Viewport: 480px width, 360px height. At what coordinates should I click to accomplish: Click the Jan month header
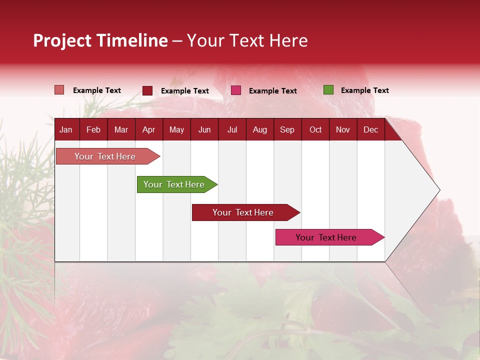[x=66, y=129]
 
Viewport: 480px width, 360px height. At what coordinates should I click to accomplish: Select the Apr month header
[x=148, y=129]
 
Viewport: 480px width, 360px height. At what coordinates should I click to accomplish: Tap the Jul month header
[x=232, y=129]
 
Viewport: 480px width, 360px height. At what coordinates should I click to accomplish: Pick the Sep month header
[x=287, y=129]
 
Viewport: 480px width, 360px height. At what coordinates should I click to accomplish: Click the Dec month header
[x=370, y=129]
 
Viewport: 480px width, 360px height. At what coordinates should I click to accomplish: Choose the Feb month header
[x=93, y=129]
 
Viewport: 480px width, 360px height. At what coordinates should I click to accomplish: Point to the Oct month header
[x=315, y=129]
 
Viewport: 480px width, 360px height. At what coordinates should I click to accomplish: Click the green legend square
[x=328, y=90]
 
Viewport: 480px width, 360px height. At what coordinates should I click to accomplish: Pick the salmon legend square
[x=59, y=90]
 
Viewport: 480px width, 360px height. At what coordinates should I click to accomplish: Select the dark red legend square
[x=147, y=90]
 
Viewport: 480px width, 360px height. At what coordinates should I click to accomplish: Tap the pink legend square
[x=236, y=90]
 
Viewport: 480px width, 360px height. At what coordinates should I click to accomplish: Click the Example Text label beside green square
[x=364, y=90]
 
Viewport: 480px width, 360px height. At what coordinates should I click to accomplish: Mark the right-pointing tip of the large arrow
[x=439, y=190]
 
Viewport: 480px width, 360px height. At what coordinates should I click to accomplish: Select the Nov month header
[x=343, y=129]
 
